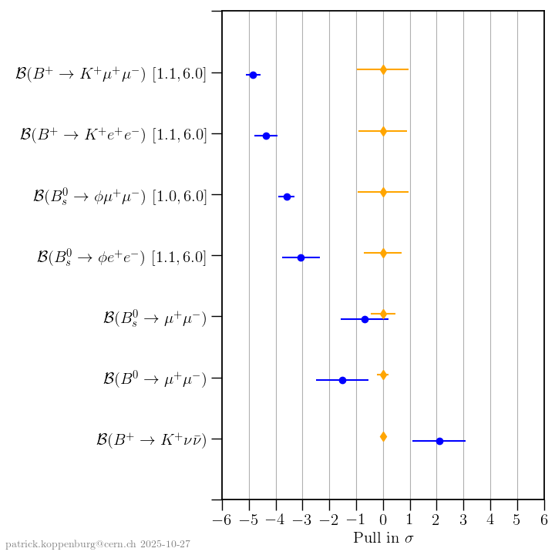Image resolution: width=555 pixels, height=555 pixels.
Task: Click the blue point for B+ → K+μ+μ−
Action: tap(253, 75)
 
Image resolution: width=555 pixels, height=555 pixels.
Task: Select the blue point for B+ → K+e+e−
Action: tap(266, 136)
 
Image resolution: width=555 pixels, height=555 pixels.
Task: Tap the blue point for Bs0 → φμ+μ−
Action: tap(287, 197)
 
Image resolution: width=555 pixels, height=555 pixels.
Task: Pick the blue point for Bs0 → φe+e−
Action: tap(301, 257)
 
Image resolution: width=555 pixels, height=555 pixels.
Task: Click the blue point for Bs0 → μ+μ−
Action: tap(365, 319)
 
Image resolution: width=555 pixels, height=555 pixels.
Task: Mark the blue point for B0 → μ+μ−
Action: tap(342, 380)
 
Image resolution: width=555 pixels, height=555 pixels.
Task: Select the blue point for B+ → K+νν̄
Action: tap(439, 441)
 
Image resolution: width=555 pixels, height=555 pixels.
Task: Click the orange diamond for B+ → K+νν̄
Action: tap(383, 437)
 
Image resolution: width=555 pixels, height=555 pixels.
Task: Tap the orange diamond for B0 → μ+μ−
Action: tap(383, 375)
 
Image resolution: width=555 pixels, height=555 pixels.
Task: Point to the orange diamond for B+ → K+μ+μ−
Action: tap(383, 70)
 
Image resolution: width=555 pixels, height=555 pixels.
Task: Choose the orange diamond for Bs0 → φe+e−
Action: tap(383, 253)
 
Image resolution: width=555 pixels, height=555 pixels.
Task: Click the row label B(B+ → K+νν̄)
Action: tap(151, 439)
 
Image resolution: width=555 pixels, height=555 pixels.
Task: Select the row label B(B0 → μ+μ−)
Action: tap(154, 378)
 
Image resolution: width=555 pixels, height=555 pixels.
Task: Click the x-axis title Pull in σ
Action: tap(383, 538)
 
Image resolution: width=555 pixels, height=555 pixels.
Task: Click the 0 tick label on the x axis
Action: tap(383, 518)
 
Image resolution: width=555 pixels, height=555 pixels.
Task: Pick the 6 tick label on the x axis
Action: tap(544, 518)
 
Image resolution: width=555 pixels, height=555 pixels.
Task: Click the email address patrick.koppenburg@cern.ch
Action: tap(70, 544)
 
